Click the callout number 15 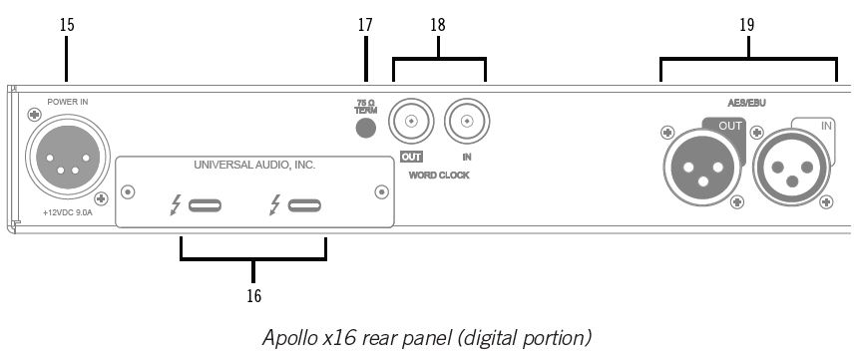(x=67, y=25)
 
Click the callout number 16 (x=253, y=296)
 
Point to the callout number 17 (x=365, y=25)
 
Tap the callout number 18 (x=438, y=25)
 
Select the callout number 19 (x=747, y=25)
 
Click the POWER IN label (x=67, y=102)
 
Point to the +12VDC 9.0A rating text (x=68, y=212)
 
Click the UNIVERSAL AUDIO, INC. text (x=254, y=165)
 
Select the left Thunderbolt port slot (x=205, y=205)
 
